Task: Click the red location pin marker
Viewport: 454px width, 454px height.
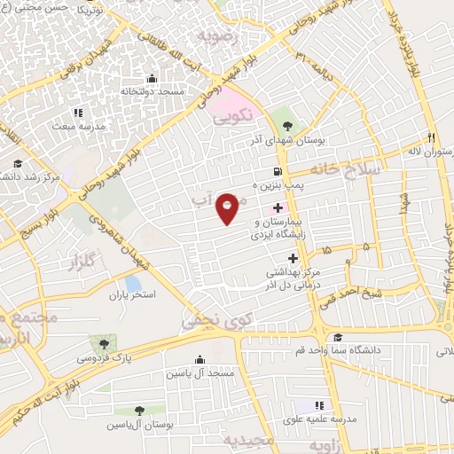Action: (228, 207)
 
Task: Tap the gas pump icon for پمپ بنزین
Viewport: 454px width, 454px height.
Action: (278, 171)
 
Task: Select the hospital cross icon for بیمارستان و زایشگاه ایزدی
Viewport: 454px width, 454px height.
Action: (278, 207)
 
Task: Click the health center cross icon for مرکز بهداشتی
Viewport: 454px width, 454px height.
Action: (294, 258)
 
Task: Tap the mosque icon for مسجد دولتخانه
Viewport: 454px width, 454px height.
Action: (152, 78)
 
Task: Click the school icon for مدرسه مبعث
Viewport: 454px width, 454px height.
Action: (77, 113)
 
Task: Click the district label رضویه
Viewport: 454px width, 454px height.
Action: (219, 36)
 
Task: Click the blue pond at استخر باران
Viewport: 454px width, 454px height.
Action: (133, 285)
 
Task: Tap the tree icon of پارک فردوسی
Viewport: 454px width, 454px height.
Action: (105, 343)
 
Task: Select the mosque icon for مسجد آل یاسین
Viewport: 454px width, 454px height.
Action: (199, 359)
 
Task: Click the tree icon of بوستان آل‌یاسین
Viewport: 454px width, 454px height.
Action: (140, 410)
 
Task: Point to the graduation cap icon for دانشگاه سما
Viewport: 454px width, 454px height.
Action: (338, 337)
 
